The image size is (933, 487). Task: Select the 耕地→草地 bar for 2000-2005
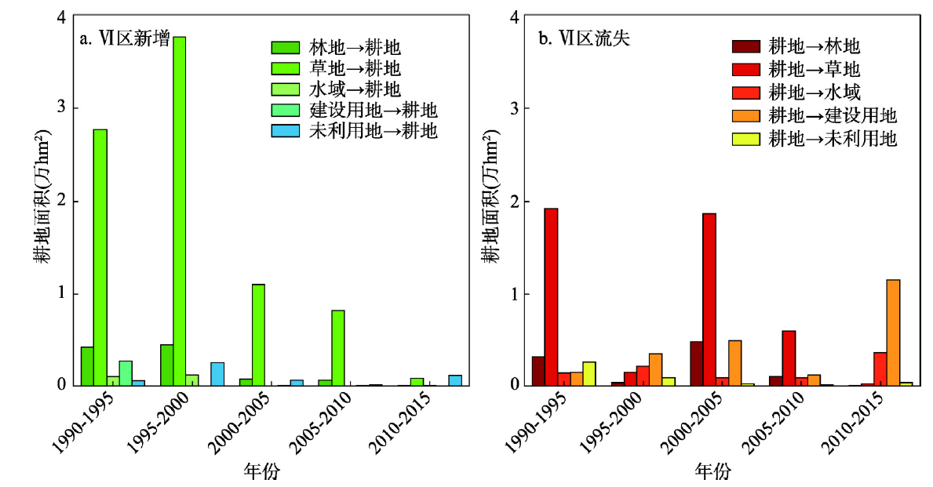709,299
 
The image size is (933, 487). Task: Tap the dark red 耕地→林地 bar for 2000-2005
696,363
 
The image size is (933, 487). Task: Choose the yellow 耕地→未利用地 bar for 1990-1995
589,373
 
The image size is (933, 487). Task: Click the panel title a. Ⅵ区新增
126,38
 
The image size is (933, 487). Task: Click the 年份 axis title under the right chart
713,471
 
